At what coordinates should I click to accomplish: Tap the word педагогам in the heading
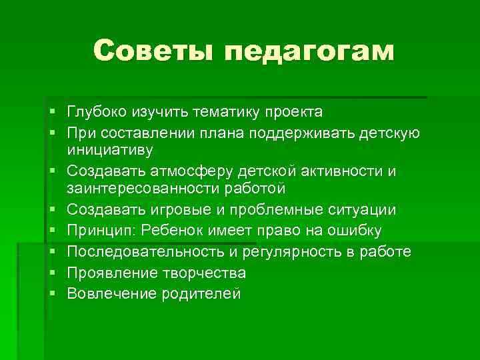[309, 52]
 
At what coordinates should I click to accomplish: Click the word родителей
[200, 295]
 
